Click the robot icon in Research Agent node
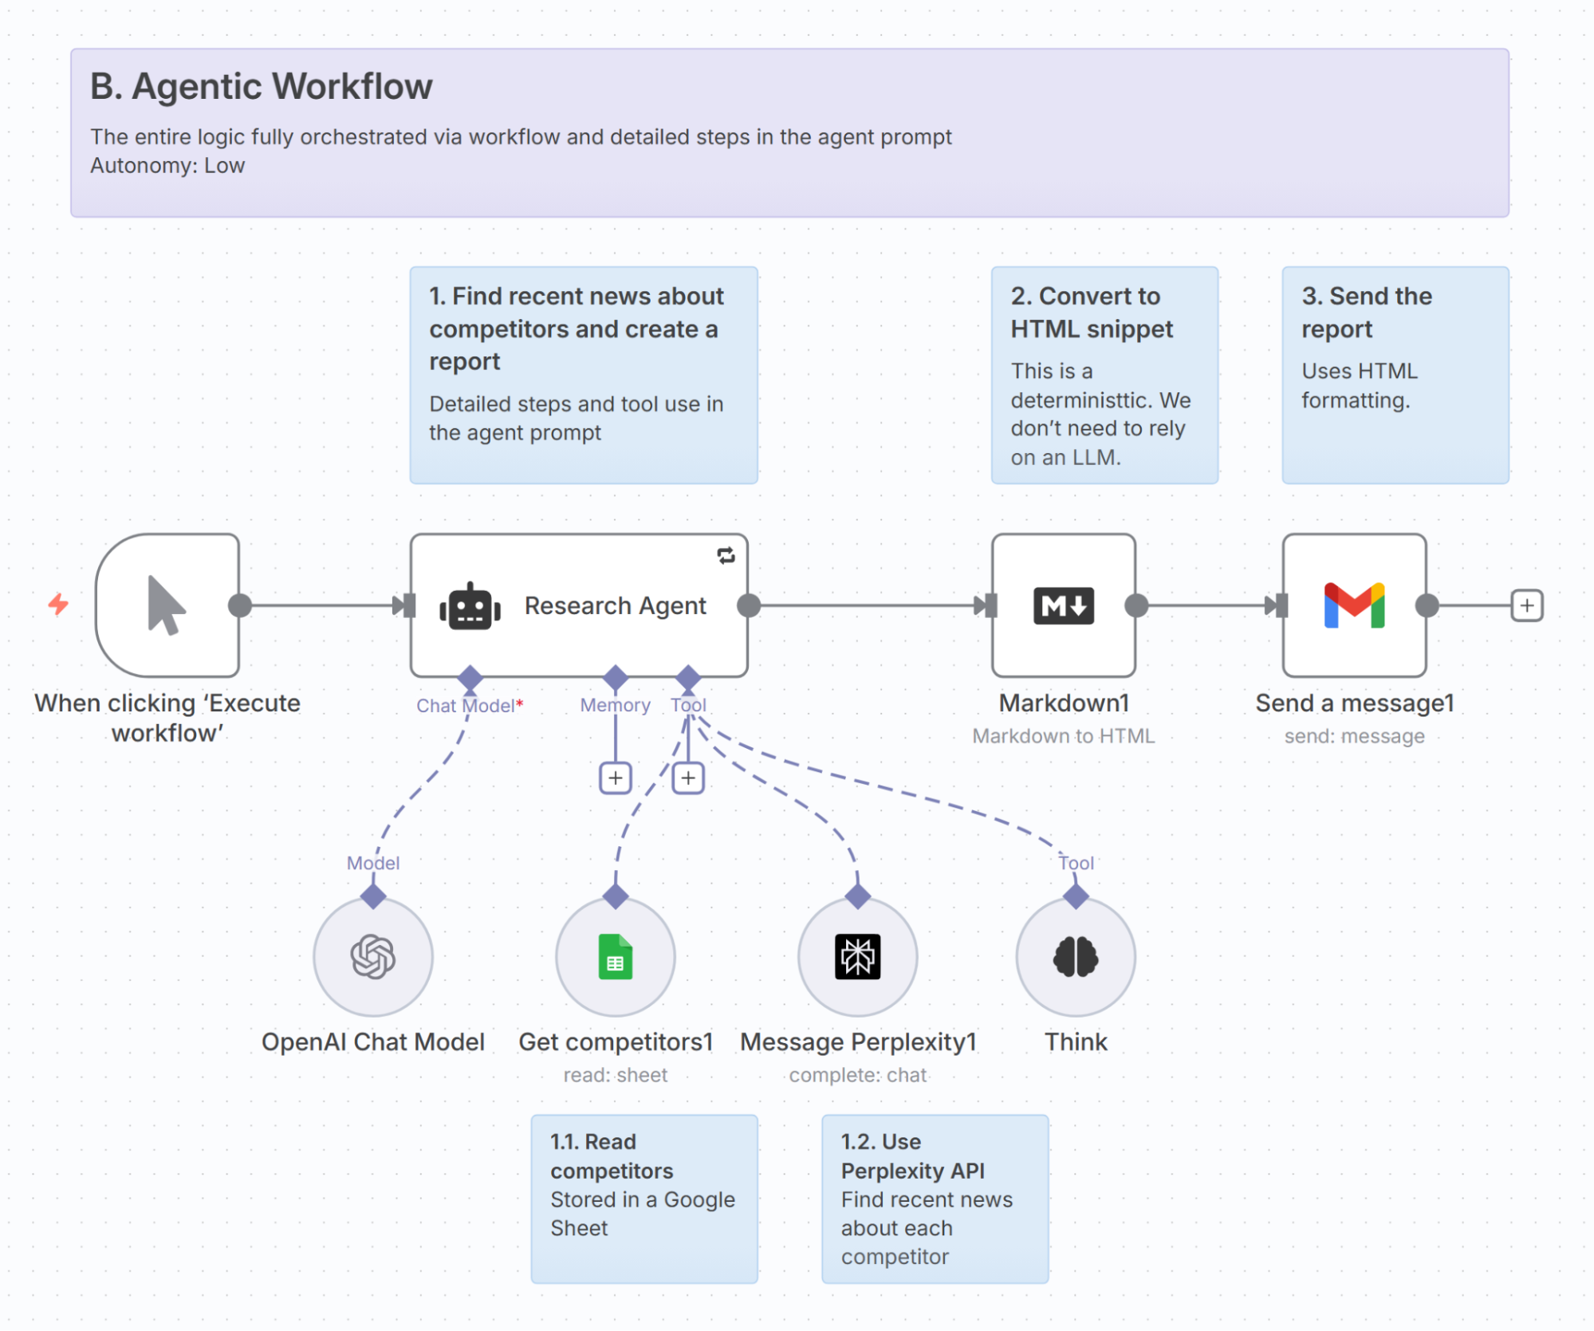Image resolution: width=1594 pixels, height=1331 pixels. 470,607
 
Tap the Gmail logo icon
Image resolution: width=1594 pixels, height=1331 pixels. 1354,605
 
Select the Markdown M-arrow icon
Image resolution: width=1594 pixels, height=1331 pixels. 1063,605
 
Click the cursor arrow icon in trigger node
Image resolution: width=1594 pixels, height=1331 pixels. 166,605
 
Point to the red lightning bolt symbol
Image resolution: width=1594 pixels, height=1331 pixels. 58,604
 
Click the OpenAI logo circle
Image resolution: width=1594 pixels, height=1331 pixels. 373,956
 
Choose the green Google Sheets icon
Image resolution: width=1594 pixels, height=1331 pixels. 615,956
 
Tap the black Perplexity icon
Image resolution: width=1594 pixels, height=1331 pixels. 857,956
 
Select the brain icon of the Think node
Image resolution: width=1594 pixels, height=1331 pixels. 1076,956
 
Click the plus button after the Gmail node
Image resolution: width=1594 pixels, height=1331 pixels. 1526,605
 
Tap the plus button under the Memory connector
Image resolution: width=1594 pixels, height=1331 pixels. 615,778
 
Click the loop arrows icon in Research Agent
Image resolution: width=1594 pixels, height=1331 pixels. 726,556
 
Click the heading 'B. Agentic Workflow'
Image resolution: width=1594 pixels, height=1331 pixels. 261,86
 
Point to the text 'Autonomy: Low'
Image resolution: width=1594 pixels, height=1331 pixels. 167,166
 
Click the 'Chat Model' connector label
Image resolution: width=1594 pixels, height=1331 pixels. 466,706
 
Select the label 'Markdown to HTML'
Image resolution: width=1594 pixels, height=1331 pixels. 1063,736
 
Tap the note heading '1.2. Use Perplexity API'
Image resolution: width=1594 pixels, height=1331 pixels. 912,1156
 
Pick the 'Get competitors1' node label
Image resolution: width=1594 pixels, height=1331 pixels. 615,1042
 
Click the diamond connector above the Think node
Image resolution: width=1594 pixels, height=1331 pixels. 1076,896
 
